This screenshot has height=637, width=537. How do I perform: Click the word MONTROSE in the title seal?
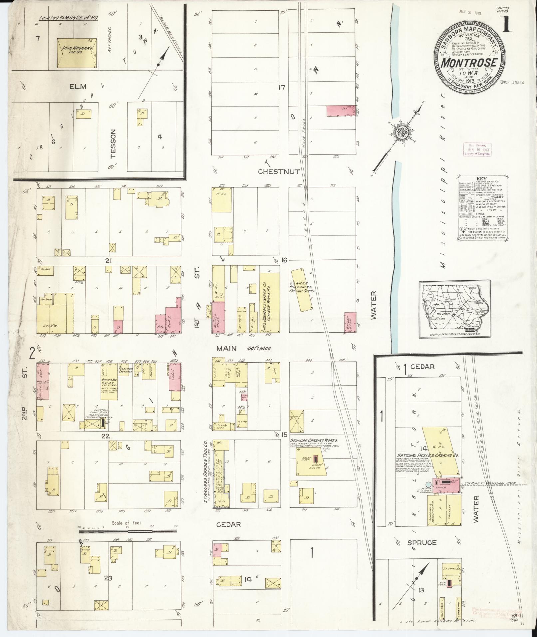(x=470, y=63)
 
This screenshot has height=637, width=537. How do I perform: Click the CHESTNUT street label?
(x=279, y=171)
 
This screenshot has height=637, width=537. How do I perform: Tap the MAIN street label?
(x=226, y=348)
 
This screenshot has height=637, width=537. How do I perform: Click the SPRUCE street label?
(x=422, y=542)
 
